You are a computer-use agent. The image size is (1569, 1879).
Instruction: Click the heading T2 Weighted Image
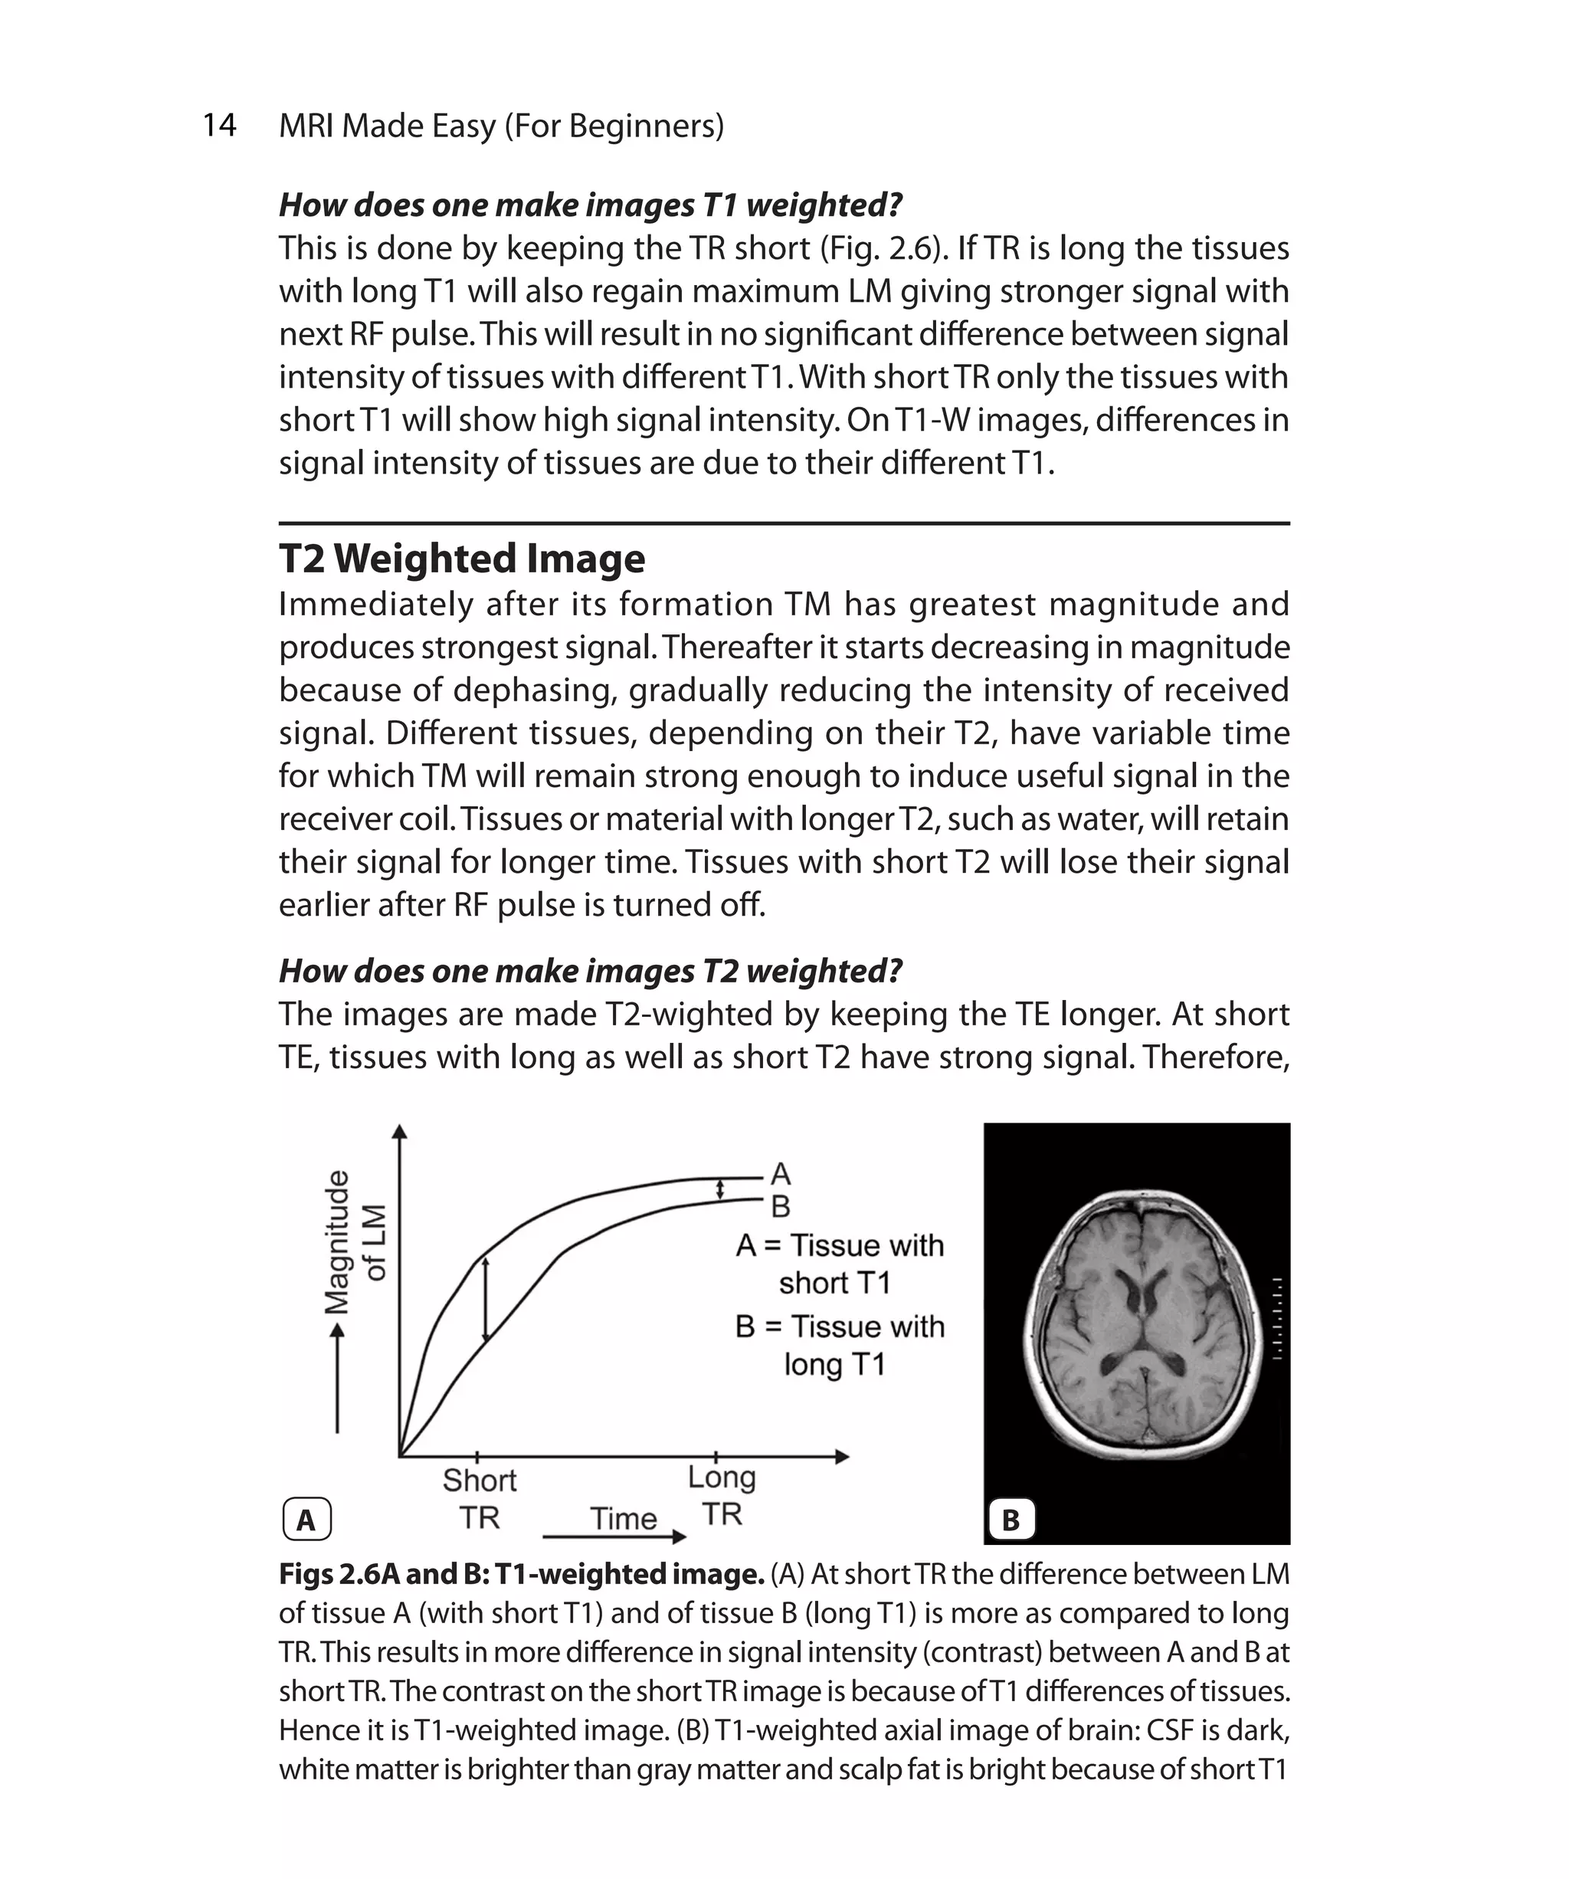pyautogui.click(x=461, y=559)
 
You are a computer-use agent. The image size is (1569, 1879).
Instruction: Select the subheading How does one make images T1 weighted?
pyautogui.click(x=591, y=205)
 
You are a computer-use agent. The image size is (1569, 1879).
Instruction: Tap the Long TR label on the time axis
pyautogui.click(x=721, y=1495)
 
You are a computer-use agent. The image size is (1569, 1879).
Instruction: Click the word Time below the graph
pyautogui.click(x=624, y=1518)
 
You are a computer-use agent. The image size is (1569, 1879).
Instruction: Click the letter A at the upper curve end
pyautogui.click(x=781, y=1173)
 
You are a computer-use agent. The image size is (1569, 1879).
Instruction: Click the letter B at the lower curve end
pyautogui.click(x=781, y=1207)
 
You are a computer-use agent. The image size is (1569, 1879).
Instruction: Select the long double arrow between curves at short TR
pyautogui.click(x=486, y=1299)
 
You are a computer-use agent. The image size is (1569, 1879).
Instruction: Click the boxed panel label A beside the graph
pyautogui.click(x=306, y=1520)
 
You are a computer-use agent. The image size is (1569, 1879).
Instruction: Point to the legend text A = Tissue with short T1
pyautogui.click(x=838, y=1264)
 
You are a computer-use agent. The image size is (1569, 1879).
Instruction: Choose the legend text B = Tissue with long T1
pyautogui.click(x=838, y=1345)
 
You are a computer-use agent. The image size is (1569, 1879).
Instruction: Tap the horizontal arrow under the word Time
pyautogui.click(x=614, y=1536)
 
